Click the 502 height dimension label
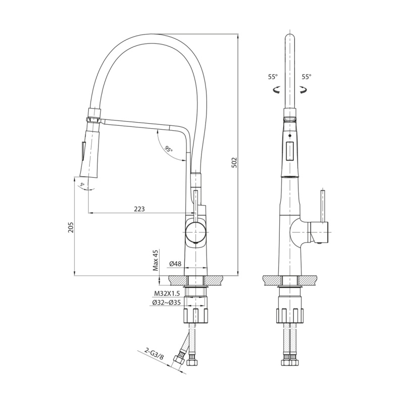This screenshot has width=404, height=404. click(x=234, y=162)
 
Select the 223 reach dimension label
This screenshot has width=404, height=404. click(x=139, y=209)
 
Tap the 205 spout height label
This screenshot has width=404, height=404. click(x=71, y=227)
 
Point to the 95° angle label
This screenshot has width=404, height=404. click(x=169, y=149)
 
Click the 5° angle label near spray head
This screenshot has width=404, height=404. click(x=82, y=184)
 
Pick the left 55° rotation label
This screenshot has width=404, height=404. click(x=273, y=77)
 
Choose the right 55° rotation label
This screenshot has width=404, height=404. click(x=307, y=77)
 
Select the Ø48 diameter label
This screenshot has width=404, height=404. click(x=175, y=264)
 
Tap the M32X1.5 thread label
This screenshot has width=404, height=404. click(x=167, y=293)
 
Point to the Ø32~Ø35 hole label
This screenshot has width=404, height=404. click(x=166, y=302)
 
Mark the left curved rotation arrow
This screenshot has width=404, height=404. click(x=276, y=90)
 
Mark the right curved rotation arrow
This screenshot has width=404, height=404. click(x=303, y=90)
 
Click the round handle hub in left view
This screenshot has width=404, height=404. click(x=196, y=232)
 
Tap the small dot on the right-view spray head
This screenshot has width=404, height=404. click(x=290, y=135)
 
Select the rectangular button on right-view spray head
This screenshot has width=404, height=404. click(x=290, y=151)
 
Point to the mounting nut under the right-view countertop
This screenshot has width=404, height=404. click(x=290, y=316)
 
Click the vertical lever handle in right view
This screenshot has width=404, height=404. click(x=323, y=206)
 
